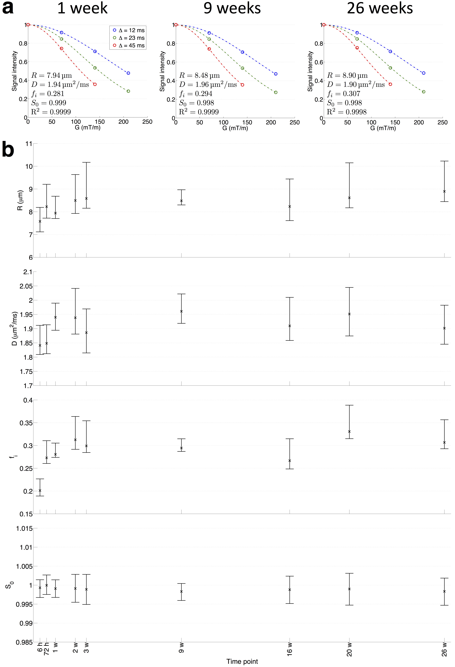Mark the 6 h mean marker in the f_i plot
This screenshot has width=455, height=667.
[x=40, y=491]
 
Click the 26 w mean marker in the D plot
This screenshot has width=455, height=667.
[x=444, y=328]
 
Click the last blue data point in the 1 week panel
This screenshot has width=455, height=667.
[x=128, y=73]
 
